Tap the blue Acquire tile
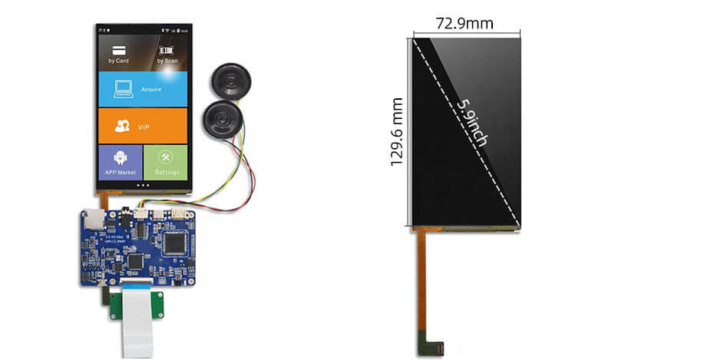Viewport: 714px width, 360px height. pyautogui.click(x=143, y=89)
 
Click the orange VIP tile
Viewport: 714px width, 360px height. pyautogui.click(x=143, y=126)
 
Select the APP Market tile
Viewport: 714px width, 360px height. pyautogui.click(x=121, y=163)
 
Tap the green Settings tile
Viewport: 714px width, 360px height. pyautogui.click(x=166, y=163)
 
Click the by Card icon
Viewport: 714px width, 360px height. pyautogui.click(x=118, y=52)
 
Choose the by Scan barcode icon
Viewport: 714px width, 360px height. pyautogui.click(x=167, y=52)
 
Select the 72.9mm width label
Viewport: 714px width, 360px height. pyautogui.click(x=464, y=24)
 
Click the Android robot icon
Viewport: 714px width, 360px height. pyautogui.click(x=120, y=156)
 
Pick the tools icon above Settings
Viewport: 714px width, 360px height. pyautogui.click(x=166, y=157)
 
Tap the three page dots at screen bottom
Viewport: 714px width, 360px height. pyautogui.click(x=143, y=185)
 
